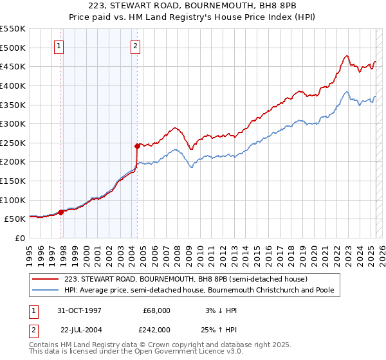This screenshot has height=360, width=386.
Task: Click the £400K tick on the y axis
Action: (x=13, y=85)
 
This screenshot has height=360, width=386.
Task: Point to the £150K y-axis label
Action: (x=13, y=181)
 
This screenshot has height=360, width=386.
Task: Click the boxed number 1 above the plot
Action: (x=59, y=46)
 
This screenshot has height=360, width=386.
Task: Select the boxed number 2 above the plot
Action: (x=136, y=46)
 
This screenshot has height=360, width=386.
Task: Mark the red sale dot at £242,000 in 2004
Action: (x=137, y=146)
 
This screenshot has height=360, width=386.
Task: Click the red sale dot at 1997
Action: (x=61, y=212)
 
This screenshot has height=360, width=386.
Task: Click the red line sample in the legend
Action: (x=45, y=280)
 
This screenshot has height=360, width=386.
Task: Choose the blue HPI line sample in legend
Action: (x=45, y=291)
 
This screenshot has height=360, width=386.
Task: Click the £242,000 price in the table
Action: (x=156, y=329)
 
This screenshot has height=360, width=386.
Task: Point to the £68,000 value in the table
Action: (x=156, y=310)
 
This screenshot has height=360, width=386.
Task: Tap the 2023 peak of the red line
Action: (x=347, y=56)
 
